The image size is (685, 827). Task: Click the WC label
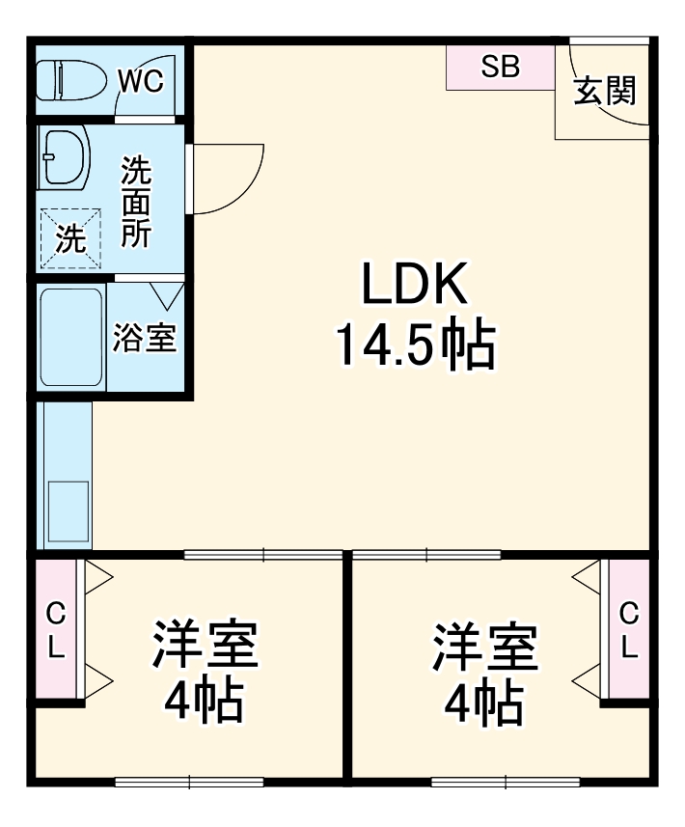(x=142, y=80)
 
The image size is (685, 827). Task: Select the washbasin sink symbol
(x=65, y=157)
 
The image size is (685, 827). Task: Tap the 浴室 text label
(x=145, y=338)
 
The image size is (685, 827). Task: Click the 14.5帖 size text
(x=415, y=345)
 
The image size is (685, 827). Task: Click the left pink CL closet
(x=57, y=630)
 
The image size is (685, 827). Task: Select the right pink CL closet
(x=629, y=630)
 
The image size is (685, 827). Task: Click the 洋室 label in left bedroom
(x=205, y=646)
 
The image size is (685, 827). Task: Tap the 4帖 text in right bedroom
(x=484, y=703)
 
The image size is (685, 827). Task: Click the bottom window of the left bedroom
(x=190, y=782)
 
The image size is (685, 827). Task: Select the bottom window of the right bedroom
(x=505, y=782)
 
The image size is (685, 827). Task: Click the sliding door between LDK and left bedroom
(x=262, y=555)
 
